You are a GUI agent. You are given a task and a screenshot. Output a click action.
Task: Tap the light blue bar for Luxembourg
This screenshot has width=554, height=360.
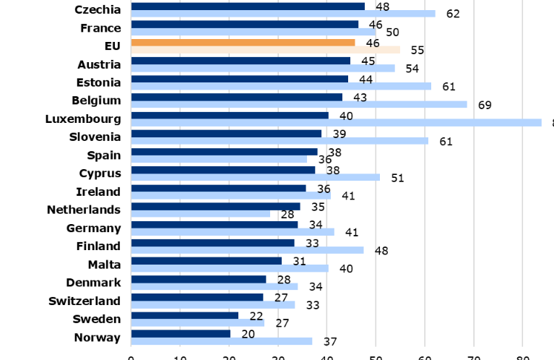coord(336,123)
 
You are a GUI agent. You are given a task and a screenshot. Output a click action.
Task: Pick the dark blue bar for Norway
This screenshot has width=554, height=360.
coord(181,333)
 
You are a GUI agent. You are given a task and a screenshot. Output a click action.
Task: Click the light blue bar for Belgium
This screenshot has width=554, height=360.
coord(299,104)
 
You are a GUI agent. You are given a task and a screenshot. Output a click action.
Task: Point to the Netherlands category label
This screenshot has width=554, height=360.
coord(83,210)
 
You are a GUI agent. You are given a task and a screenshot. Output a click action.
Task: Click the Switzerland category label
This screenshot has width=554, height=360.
coord(85,301)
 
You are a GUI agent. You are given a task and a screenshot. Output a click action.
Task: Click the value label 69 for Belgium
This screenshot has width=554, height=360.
coord(485,105)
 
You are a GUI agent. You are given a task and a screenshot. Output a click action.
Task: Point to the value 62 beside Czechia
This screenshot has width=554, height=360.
coord(453,14)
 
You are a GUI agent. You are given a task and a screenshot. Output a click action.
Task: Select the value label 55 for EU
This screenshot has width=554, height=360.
coord(417,50)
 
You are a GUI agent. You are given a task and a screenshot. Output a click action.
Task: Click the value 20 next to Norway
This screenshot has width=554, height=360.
coord(248,333)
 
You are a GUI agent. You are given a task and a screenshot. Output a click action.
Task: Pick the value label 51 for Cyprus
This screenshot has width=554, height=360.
coord(397,177)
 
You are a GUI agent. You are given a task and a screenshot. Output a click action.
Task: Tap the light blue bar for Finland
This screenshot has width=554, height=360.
coord(247,250)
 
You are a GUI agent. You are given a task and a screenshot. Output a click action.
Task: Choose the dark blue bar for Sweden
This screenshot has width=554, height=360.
coord(184,315)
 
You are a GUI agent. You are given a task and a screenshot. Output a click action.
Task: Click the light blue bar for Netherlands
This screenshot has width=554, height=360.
coord(200,214)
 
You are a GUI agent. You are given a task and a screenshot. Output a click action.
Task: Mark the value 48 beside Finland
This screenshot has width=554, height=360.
coord(381,250)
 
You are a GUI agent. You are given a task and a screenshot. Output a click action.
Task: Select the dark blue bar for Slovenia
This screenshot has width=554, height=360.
coord(226,134)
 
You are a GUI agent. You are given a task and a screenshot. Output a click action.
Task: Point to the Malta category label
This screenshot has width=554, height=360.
coord(104,264)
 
